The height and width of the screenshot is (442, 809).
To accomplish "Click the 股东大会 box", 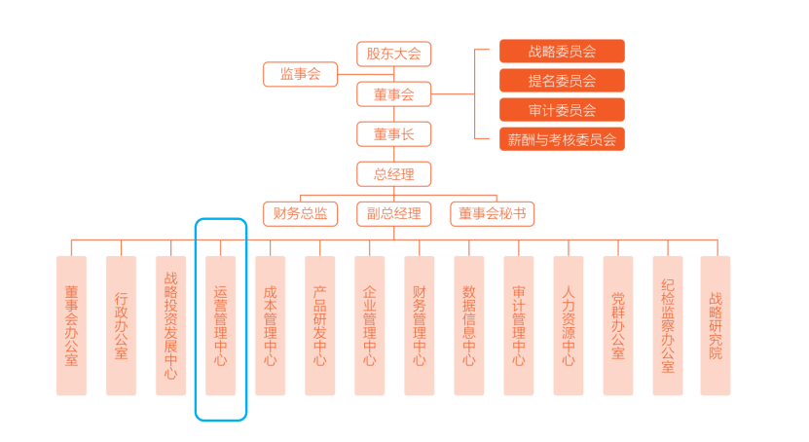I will coord(393,55).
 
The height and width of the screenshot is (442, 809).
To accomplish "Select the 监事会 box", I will coord(300,74).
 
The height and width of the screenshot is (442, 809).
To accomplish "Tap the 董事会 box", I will coord(393,94).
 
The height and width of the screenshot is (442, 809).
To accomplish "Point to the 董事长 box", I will coord(393,134).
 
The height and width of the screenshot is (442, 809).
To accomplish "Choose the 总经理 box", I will coord(393,175).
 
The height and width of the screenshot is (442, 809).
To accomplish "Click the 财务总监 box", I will coord(300,213).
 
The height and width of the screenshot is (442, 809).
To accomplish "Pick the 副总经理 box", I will coord(393,213).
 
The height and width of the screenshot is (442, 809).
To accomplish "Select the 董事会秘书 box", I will coord(492,213).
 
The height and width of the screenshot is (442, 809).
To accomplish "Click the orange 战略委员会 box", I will coord(562,52).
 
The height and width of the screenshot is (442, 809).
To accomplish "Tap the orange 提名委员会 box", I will coord(562,81).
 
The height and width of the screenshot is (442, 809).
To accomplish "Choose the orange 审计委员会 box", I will coord(562,110).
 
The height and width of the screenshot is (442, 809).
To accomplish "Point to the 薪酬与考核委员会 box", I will coord(562,139).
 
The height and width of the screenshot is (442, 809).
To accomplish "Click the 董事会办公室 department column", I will coord(71,325).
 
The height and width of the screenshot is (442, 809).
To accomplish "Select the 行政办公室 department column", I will coord(121,325).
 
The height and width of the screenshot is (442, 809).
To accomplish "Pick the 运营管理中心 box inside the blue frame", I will coord(220,325).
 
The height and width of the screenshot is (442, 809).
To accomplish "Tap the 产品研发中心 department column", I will coord(319,325).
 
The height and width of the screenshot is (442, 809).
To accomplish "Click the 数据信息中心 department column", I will coord(468,325).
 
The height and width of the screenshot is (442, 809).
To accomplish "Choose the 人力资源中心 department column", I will coord(568,325).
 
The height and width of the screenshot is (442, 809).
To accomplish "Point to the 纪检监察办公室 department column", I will coord(667,325).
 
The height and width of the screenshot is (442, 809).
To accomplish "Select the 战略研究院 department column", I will coord(716,325).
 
